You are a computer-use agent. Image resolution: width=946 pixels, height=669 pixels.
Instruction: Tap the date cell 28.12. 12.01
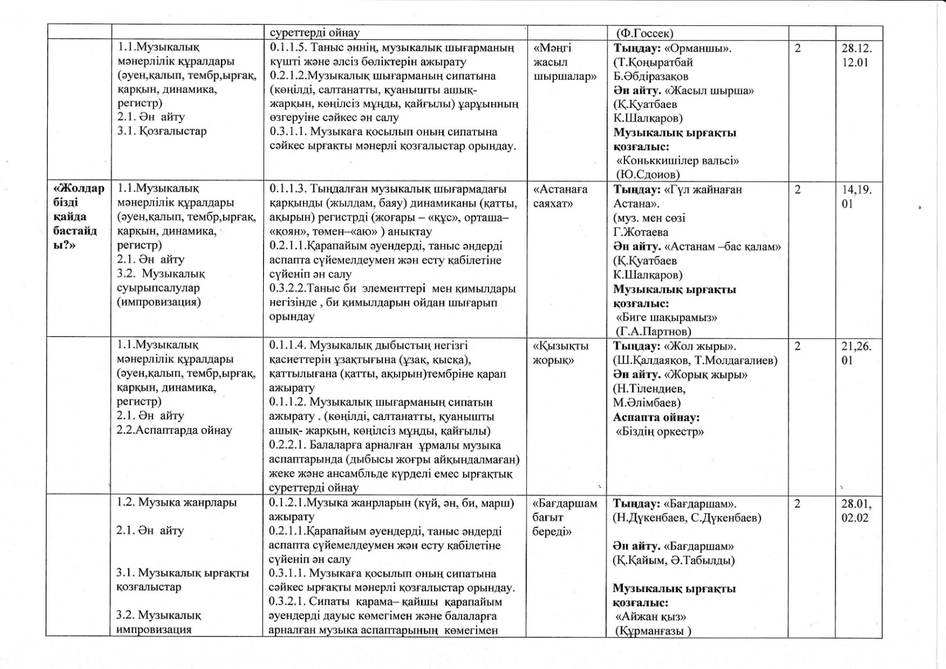(856, 55)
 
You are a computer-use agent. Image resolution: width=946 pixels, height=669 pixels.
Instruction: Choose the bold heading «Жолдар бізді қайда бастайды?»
(78, 217)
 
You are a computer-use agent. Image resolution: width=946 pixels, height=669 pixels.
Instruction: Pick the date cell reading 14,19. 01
(856, 197)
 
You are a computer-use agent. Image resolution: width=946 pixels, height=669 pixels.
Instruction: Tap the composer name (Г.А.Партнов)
(653, 331)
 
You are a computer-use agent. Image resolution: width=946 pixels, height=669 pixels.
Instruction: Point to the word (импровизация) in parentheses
(159, 302)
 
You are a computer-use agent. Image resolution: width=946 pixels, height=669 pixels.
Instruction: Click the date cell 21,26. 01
(856, 353)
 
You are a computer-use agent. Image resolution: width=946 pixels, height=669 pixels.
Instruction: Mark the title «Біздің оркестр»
(660, 432)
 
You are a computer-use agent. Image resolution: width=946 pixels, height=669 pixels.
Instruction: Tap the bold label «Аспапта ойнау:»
(656, 417)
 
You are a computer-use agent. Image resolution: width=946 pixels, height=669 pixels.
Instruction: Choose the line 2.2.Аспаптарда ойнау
(174, 431)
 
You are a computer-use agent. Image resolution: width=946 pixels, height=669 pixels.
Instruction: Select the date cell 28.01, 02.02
(856, 510)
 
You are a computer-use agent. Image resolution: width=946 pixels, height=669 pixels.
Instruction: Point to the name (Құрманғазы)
(653, 631)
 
